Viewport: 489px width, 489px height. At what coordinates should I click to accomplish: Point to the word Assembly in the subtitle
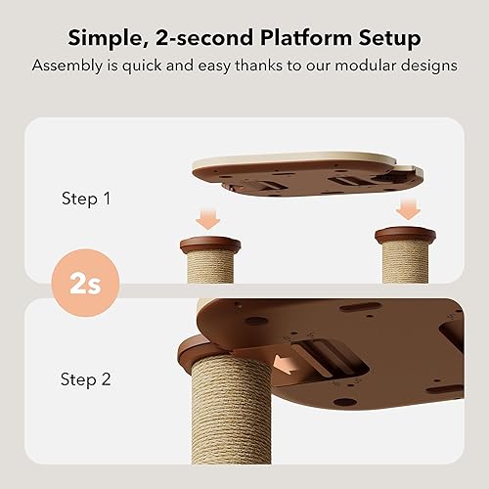(66, 67)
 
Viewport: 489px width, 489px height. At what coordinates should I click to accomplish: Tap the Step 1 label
(85, 198)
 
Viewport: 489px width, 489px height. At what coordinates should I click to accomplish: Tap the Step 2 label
(85, 378)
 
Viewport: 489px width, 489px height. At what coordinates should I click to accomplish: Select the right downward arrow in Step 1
(408, 208)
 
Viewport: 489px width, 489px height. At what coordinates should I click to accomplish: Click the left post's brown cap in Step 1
(210, 244)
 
